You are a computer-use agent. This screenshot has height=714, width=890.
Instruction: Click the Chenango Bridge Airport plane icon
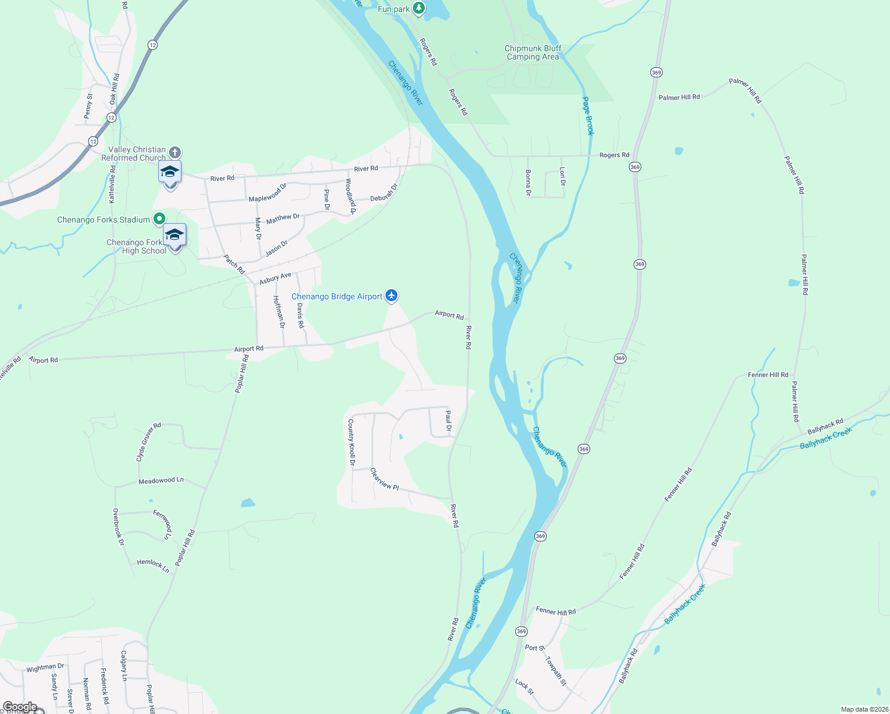pyautogui.click(x=391, y=295)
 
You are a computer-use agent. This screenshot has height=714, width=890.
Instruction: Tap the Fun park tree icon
pyautogui.click(x=419, y=8)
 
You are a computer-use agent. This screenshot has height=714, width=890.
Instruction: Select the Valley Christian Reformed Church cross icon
pyautogui.click(x=175, y=152)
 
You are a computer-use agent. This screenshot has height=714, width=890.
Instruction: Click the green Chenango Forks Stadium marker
pyautogui.click(x=159, y=219)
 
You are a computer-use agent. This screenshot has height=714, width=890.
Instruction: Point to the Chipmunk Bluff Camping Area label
pyautogui.click(x=533, y=52)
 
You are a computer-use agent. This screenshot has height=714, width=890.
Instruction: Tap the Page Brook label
pyautogui.click(x=588, y=116)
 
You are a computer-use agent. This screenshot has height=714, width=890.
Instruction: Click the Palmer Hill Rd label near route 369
pyautogui.click(x=679, y=97)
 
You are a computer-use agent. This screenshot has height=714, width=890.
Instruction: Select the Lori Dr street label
pyautogui.click(x=562, y=176)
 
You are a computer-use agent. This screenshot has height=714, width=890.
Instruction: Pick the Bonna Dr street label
pyautogui.click(x=528, y=183)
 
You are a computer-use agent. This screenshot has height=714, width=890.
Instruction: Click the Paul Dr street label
pyautogui.click(x=449, y=420)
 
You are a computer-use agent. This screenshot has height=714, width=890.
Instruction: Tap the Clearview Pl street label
pyautogui.click(x=384, y=480)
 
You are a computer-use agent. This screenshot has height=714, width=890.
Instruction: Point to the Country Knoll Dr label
pyautogui.click(x=352, y=442)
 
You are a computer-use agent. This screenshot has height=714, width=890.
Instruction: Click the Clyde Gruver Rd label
pyautogui.click(x=149, y=442)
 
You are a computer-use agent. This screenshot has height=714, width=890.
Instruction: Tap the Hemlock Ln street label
pyautogui.click(x=153, y=565)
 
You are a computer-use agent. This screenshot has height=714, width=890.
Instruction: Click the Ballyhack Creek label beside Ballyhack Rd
pyautogui.click(x=826, y=439)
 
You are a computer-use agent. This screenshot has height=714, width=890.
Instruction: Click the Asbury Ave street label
pyautogui.click(x=275, y=278)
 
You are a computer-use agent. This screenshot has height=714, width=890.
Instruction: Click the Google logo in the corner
pyautogui.click(x=20, y=707)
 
